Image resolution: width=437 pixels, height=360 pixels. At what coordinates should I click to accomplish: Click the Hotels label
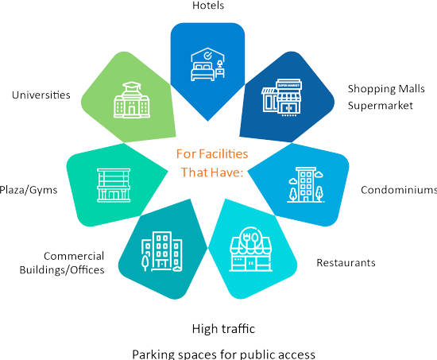208,6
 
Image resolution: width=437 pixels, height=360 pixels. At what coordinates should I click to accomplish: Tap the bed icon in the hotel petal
203,72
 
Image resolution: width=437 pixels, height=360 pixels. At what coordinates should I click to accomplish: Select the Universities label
41,95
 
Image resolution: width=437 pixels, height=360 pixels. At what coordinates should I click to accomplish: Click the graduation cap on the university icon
132,85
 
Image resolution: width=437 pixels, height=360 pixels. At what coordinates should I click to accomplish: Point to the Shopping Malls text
386,89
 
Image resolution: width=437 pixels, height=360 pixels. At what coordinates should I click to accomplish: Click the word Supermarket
380,106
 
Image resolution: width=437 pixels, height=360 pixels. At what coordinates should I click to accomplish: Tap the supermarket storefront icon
282,97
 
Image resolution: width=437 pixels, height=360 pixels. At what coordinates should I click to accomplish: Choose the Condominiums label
399,190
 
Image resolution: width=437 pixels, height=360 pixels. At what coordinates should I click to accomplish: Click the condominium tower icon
306,184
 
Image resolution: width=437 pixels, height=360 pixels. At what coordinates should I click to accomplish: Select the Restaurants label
346,263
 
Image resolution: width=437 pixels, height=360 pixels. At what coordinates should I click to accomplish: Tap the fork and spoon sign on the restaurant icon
250,238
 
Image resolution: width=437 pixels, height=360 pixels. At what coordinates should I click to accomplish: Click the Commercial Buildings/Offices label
62,263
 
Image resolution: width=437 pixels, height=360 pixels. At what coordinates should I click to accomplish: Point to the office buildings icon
162,251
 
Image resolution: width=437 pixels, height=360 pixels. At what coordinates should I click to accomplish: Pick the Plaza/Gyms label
29,190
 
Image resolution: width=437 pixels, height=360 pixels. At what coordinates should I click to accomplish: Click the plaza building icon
114,185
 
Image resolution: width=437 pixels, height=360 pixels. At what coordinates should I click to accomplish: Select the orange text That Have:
212,172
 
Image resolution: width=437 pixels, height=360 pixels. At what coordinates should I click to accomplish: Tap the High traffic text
223,329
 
